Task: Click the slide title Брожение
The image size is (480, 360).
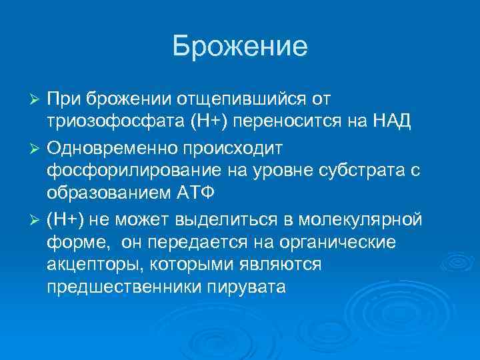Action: [239, 46]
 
